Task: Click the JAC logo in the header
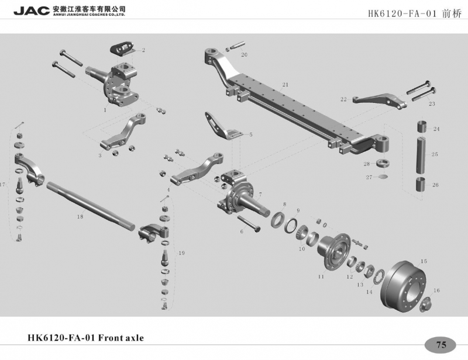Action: coord(32,11)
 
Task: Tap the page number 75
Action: coord(441,345)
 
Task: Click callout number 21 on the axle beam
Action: coord(285,85)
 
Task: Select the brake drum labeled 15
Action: coord(404,287)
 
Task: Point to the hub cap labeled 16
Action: coord(425,305)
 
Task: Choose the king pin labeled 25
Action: coord(422,154)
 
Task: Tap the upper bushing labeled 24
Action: coord(422,126)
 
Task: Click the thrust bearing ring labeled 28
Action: coord(383,164)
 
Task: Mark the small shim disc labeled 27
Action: coord(383,177)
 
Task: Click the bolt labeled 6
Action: coord(249,224)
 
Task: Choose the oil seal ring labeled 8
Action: coord(279,220)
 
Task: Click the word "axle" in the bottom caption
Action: coord(132,338)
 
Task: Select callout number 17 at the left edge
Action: coord(3,185)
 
